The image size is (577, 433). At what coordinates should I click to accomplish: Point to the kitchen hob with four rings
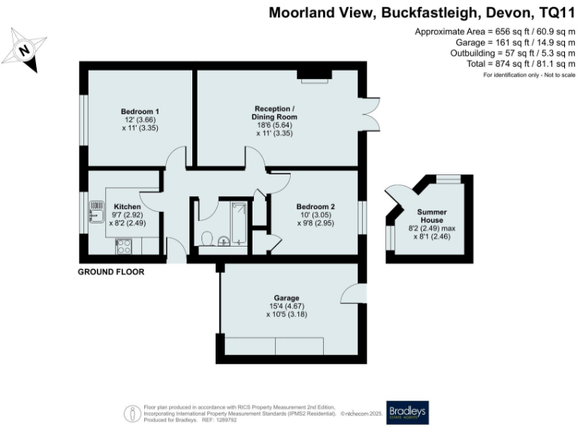[x=124, y=245]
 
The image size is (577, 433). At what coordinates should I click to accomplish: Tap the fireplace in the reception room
[x=313, y=74]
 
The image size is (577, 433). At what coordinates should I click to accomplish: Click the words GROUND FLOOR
[x=111, y=271]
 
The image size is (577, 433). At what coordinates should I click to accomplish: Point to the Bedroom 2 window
[x=363, y=219]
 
